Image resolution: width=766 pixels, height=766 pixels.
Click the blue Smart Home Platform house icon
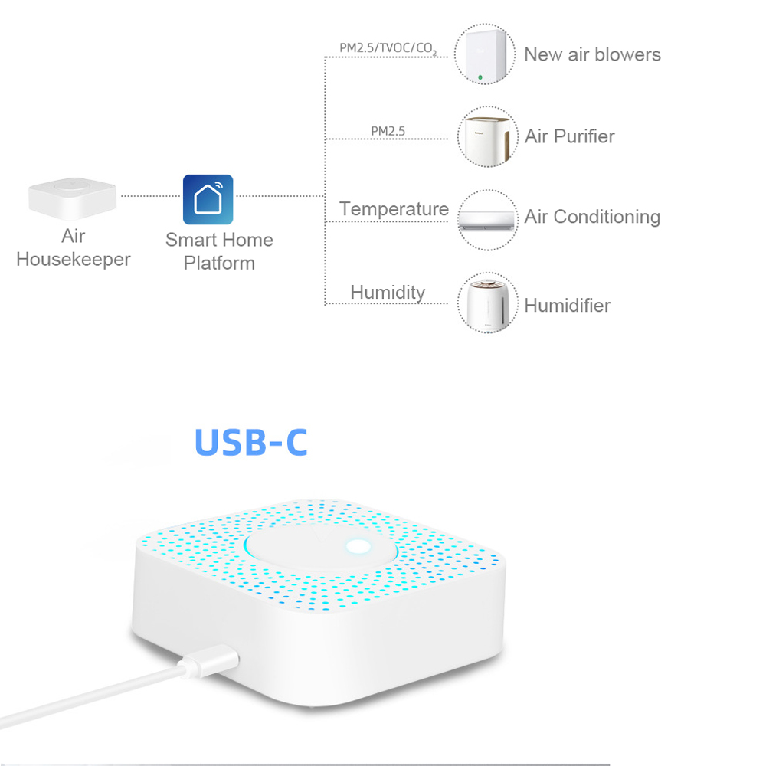click(208, 199)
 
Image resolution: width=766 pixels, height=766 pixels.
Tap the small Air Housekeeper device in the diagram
click(72, 198)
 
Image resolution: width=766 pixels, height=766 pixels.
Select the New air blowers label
click(592, 54)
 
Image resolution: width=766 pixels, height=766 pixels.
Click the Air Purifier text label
click(570, 136)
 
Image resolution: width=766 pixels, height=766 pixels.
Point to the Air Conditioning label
click(592, 217)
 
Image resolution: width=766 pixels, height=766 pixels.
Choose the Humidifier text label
click(567, 306)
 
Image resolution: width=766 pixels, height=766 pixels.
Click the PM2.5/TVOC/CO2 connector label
click(388, 48)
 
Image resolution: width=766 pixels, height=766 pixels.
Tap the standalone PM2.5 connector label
click(388, 131)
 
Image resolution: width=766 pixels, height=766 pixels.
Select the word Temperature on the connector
click(394, 209)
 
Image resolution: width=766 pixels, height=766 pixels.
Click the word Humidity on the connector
click(388, 293)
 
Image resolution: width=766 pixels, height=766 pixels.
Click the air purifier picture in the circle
click(487, 139)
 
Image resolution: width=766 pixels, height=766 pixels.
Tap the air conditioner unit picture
click(487, 221)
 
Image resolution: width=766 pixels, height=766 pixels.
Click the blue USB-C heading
click(251, 442)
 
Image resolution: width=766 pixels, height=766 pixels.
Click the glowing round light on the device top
click(358, 547)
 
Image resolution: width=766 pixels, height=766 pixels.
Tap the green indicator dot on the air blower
click(480, 77)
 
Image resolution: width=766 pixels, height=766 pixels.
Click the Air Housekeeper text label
click(74, 247)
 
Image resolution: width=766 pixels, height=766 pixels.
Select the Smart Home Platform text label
click(219, 251)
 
